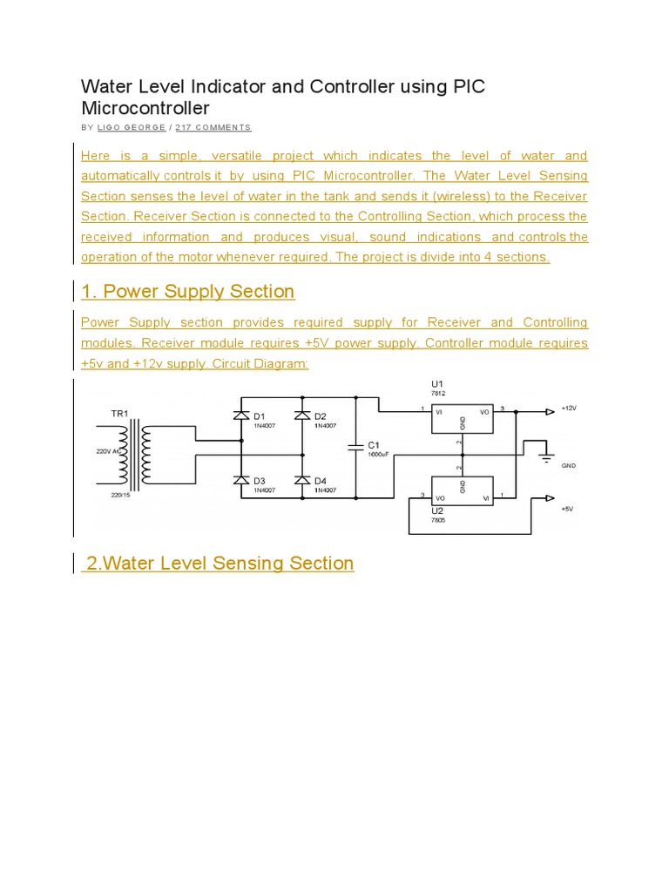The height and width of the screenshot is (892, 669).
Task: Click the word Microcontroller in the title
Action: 145,108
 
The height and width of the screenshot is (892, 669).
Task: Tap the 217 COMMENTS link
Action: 213,127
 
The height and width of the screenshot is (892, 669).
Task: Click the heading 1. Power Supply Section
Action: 187,291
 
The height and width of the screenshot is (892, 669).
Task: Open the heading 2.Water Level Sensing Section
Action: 219,563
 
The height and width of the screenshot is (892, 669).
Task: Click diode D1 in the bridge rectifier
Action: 241,416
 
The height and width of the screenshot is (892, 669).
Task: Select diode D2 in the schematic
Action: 302,416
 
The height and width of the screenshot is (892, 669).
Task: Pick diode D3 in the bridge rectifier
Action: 241,480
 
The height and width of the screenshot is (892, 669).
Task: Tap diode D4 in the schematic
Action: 302,480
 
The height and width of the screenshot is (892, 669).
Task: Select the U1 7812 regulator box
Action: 462,417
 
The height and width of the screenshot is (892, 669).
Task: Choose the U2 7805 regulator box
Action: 462,491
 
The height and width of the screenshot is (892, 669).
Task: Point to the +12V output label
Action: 569,408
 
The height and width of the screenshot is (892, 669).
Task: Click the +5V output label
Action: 567,509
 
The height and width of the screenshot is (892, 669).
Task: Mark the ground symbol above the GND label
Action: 545,453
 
